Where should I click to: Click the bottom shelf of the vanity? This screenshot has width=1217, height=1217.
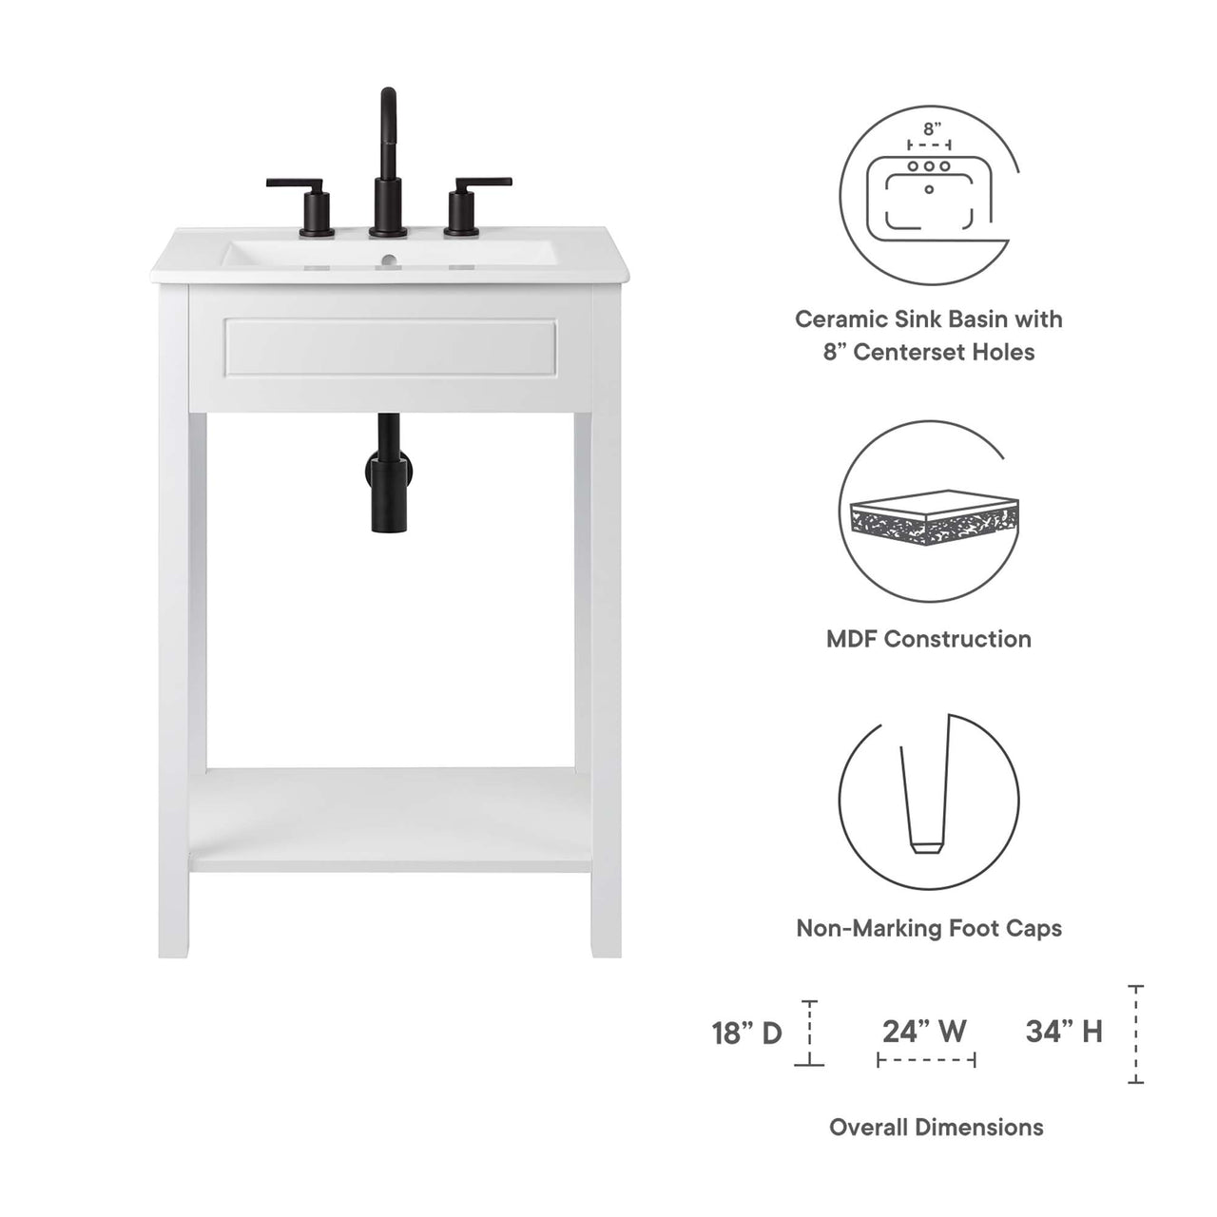click(x=390, y=818)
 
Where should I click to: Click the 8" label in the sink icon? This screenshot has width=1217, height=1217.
click(x=932, y=127)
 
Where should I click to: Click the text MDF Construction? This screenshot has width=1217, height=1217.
click(x=928, y=639)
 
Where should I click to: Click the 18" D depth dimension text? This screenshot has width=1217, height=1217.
click(x=747, y=1033)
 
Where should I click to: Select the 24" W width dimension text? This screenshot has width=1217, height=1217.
click(x=924, y=1031)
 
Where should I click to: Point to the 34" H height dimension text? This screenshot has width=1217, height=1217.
click(x=1064, y=1031)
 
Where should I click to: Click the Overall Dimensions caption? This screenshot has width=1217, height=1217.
click(x=936, y=1128)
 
